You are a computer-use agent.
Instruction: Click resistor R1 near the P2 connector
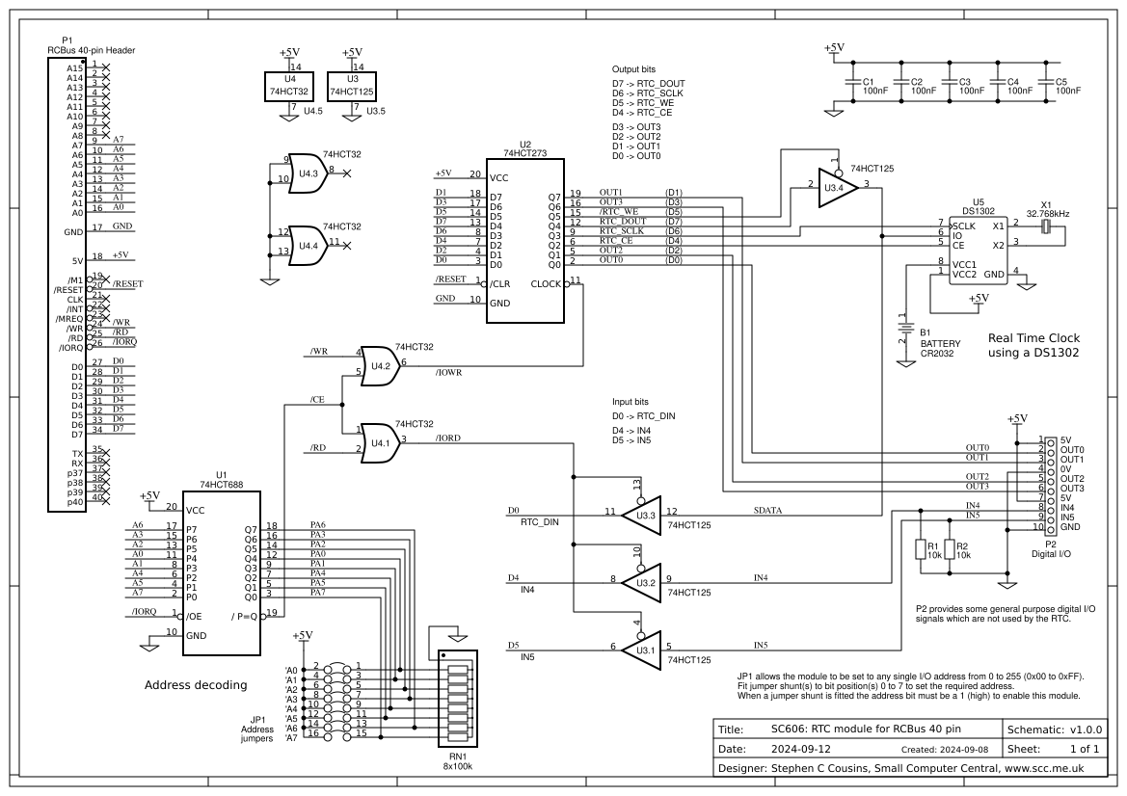(920, 550)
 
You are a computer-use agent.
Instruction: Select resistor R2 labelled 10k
(949, 550)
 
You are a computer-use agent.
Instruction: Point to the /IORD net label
(448, 438)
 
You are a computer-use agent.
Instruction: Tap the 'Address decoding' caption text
(196, 685)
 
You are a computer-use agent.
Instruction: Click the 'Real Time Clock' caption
(1033, 338)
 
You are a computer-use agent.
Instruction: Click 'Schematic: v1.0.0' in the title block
(1059, 729)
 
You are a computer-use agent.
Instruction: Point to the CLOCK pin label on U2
(547, 283)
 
